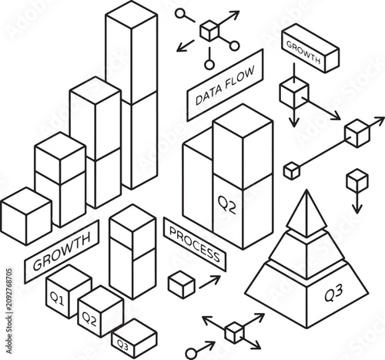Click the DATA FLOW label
225,86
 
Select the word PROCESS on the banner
195,244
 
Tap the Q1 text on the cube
57,298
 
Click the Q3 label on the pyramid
333,293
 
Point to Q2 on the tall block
226,205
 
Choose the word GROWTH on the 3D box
303,52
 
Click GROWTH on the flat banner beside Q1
62,251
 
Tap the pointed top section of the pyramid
306,214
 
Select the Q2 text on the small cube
89,318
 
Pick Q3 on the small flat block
122,345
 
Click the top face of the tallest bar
132,14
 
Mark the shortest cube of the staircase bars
26,216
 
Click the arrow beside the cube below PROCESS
209,281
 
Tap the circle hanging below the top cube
209,65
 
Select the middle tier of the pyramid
306,254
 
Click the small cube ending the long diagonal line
292,170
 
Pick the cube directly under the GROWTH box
294,94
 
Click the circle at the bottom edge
191,354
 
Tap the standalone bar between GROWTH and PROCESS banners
132,252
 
